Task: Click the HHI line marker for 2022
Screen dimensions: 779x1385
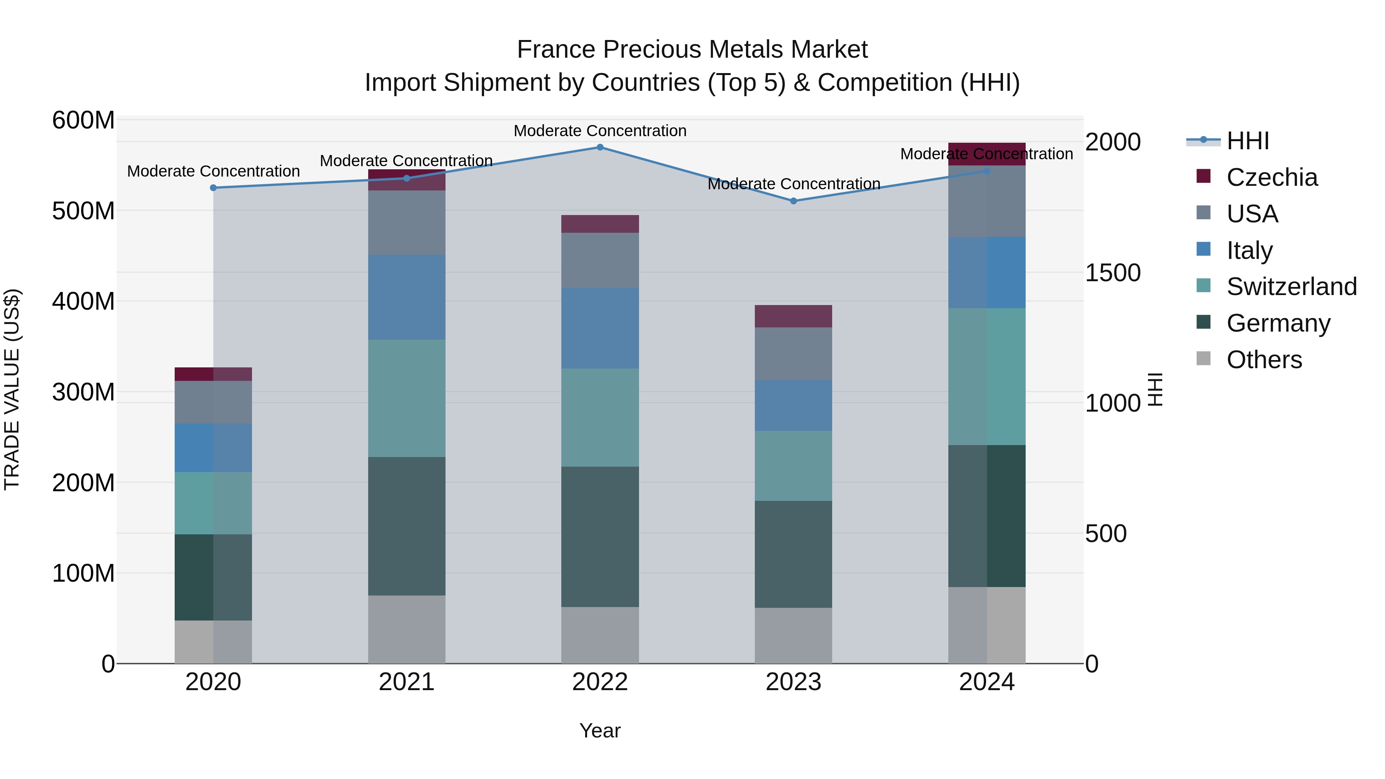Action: click(600, 147)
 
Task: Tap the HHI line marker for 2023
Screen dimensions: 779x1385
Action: click(794, 201)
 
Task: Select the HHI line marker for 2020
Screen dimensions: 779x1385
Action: click(214, 188)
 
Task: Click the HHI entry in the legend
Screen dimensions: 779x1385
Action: click(1247, 141)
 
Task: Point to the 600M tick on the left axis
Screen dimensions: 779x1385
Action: click(83, 120)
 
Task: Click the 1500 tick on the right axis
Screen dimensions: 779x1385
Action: click(1112, 273)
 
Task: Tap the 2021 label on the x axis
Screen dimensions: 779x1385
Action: click(407, 682)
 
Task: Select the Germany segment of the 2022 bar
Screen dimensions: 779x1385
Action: click(600, 537)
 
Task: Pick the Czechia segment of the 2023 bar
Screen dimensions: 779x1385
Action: click(794, 316)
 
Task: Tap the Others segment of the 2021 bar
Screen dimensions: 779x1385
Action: click(407, 629)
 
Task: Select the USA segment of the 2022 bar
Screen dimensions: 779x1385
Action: click(600, 260)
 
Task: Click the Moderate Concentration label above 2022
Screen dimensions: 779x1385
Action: click(600, 131)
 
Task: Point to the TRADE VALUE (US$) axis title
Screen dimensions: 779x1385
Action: click(12, 389)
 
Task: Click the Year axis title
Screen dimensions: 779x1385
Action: click(600, 731)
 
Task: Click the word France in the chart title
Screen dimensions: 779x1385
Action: click(556, 50)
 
